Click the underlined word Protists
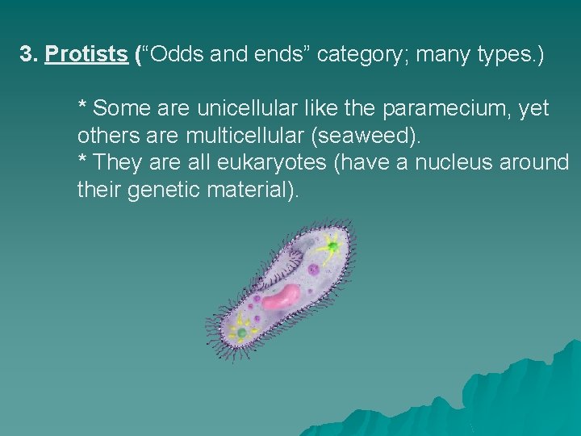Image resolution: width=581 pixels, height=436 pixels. point(86,55)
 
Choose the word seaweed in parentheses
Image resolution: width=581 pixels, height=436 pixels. point(380,135)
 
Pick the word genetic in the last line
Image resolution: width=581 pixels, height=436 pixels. point(165,190)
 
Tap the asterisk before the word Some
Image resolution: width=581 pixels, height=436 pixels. point(82,107)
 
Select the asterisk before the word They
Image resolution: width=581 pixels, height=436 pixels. point(82,161)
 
